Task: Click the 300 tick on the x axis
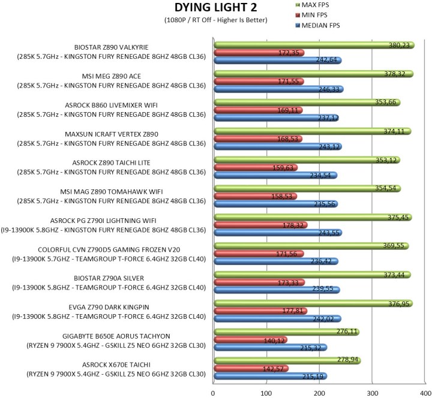click(373, 393)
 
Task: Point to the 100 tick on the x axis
click(266, 393)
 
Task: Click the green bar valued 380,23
click(312, 44)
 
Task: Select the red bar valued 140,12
click(249, 340)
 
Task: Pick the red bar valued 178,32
click(259, 225)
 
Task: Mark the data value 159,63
click(284, 167)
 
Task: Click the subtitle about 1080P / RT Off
click(215, 20)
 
